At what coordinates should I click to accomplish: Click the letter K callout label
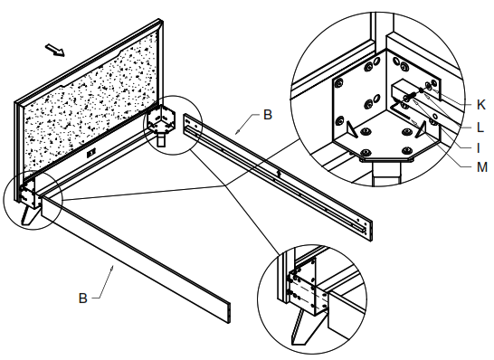pyautogui.click(x=480, y=105)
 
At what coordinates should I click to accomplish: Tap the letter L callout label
pyautogui.click(x=480, y=128)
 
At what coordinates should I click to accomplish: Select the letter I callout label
pyautogui.click(x=479, y=147)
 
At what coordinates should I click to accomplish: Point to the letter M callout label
pyautogui.click(x=482, y=167)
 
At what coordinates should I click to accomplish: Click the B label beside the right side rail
pyautogui.click(x=268, y=115)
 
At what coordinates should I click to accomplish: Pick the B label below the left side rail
pyautogui.click(x=82, y=298)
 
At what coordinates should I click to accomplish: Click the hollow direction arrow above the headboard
pyautogui.click(x=55, y=50)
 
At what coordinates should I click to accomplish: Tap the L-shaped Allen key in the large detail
pyautogui.click(x=399, y=109)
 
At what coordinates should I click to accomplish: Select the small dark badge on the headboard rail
pyautogui.click(x=91, y=154)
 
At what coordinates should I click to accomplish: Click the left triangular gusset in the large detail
pyautogui.click(x=351, y=129)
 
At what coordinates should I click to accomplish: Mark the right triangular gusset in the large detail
pyautogui.click(x=422, y=129)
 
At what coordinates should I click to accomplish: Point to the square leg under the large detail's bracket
pyautogui.click(x=386, y=173)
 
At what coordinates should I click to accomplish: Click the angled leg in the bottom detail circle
pyautogui.click(x=303, y=327)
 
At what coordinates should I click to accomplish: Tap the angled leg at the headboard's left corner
pyautogui.click(x=28, y=215)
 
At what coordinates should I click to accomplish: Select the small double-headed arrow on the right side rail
pyautogui.click(x=279, y=173)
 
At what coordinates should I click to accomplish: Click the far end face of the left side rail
pyautogui.click(x=229, y=313)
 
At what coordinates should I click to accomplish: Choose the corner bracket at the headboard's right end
pyautogui.click(x=161, y=120)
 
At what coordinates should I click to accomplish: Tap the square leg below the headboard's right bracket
pyautogui.click(x=161, y=140)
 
